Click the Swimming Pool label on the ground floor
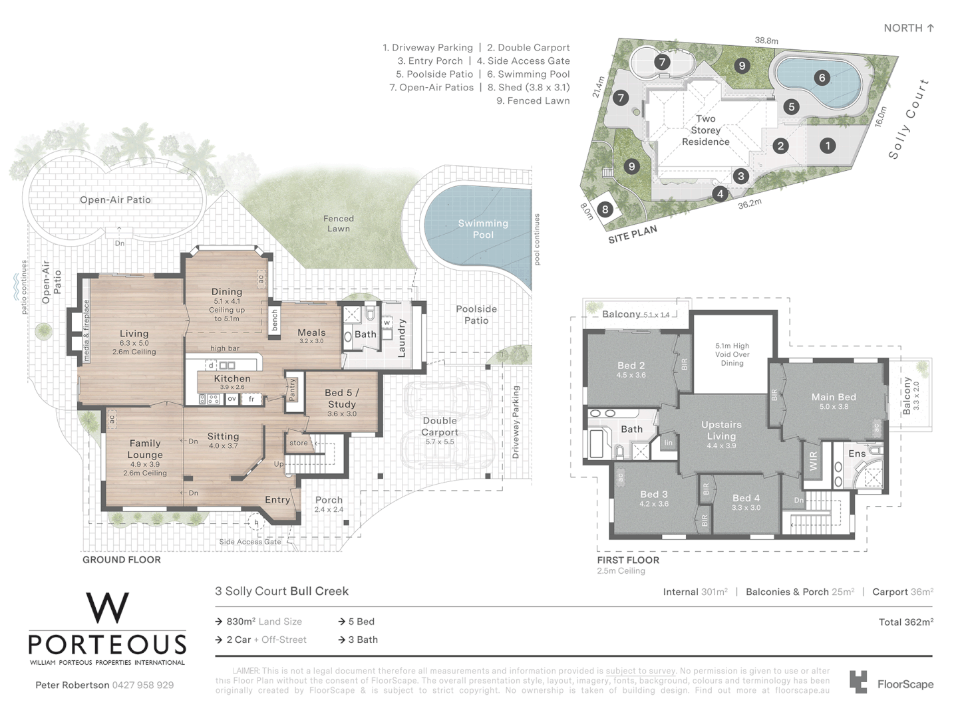483,229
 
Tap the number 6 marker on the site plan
822,78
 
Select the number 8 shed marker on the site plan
605,209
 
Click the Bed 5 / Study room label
341,398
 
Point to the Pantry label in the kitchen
291,389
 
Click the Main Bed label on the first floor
833,397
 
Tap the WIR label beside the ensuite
813,461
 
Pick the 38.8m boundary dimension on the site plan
766,41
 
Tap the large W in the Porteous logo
107,608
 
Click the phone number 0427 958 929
142,685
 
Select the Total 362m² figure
905,622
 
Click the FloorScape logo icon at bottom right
858,683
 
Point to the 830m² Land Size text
263,622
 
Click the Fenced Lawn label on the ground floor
339,223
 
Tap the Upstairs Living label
721,430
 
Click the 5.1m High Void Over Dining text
732,354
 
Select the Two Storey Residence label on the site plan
705,130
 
